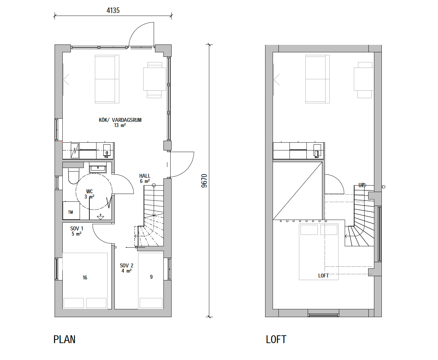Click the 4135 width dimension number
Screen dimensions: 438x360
coord(113,10)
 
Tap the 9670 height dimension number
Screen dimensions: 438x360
coord(204,181)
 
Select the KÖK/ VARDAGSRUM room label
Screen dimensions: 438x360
coord(120,120)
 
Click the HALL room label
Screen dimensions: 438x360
coord(145,176)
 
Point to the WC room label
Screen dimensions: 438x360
coord(89,191)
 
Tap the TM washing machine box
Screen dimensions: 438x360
coord(71,211)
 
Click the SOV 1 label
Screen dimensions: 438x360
coord(77,228)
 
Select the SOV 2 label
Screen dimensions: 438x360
coord(126,265)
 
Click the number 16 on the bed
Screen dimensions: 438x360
coord(85,277)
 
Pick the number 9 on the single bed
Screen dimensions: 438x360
coord(151,277)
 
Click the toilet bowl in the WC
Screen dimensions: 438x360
coord(73,176)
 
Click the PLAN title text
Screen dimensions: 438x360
coord(64,339)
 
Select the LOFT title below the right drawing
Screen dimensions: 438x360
coord(276,339)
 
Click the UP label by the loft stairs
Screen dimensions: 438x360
coord(361,185)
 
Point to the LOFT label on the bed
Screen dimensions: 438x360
coord(323,276)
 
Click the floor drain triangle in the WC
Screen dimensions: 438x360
coord(100,217)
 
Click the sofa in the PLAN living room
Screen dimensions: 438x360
coord(107,79)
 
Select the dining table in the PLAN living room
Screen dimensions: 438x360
coord(155,79)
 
